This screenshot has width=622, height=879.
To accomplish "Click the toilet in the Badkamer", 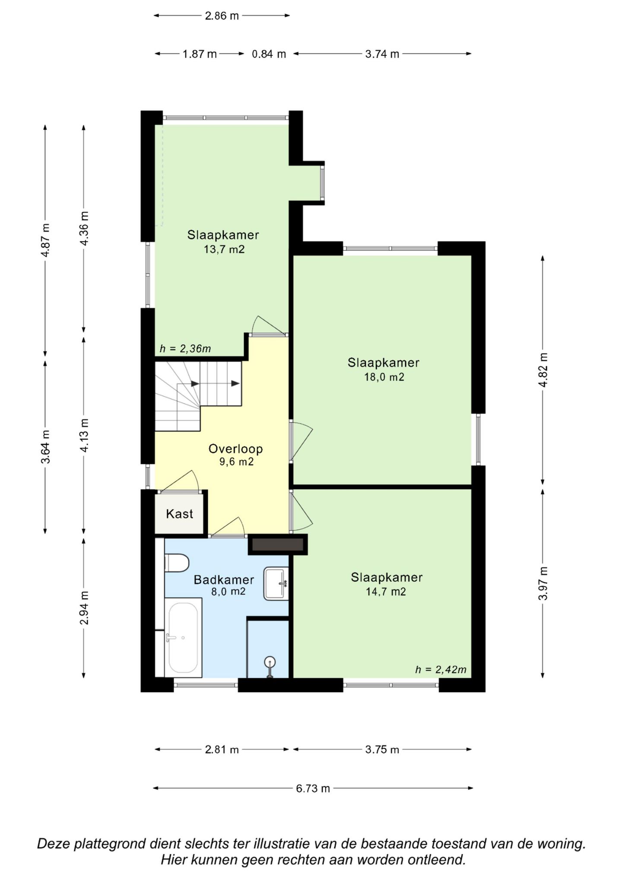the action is click(177, 563).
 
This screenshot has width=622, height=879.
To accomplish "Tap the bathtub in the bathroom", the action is click(184, 637).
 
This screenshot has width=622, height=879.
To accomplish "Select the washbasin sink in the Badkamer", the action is click(276, 583).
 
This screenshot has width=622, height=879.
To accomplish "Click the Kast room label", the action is click(179, 514).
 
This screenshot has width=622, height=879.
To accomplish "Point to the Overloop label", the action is click(236, 449).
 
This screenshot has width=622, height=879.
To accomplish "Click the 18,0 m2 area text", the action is click(384, 377).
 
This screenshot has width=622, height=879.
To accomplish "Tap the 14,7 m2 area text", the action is click(386, 591).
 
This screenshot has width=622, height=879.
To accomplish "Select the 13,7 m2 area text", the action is click(224, 249).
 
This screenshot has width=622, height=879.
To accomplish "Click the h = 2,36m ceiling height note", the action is click(185, 349).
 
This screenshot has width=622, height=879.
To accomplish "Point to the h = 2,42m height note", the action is click(441, 670).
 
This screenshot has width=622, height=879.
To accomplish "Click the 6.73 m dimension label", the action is click(313, 789).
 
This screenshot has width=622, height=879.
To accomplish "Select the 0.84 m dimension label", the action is click(269, 54).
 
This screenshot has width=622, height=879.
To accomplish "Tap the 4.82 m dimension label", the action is click(543, 370).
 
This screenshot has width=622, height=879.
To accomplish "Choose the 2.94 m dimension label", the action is click(84, 608).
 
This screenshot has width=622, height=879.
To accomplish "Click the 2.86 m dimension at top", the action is click(222, 16).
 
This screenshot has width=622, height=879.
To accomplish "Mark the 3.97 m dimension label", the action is click(543, 583).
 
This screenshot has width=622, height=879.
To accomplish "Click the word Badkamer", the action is click(224, 580).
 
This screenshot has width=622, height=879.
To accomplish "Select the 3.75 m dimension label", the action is click(382, 749).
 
